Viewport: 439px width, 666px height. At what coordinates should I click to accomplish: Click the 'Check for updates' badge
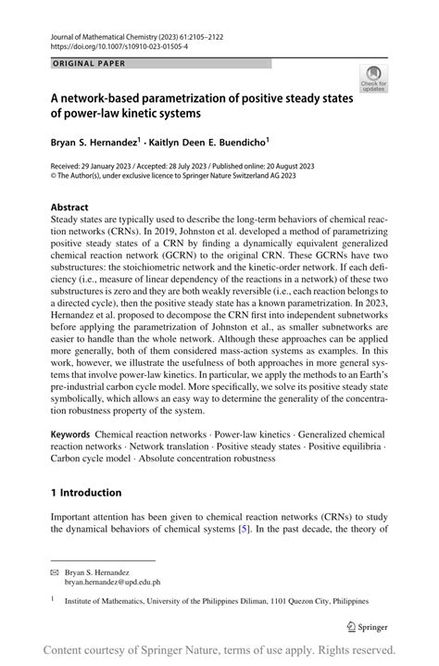[374, 79]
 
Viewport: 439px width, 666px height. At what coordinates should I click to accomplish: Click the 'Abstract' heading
[69, 207]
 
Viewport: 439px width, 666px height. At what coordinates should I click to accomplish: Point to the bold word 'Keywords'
[70, 434]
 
